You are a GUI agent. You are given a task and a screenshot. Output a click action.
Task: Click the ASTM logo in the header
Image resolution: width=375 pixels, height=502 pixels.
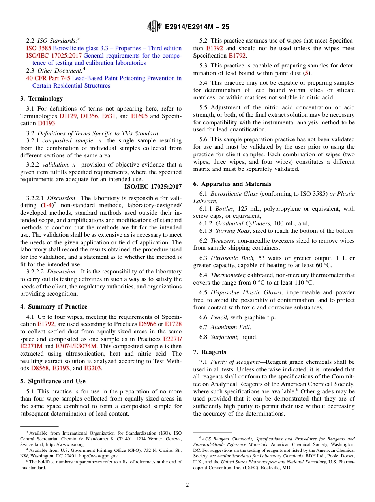(154, 26)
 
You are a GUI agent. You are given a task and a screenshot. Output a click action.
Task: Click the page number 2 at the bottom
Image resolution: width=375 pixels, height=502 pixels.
(187, 485)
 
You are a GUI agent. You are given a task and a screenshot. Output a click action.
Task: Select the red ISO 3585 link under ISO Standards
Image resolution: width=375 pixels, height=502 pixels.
(36, 48)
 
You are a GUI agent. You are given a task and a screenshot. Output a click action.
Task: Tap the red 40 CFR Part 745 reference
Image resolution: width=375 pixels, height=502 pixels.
(48, 78)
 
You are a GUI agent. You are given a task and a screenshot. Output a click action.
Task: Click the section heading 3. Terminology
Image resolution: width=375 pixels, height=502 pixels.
(41, 99)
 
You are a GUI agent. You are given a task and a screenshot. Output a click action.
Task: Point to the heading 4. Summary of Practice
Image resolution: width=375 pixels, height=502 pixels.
(54, 307)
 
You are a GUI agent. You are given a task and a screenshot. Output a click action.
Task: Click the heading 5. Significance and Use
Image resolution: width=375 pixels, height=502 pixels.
(53, 381)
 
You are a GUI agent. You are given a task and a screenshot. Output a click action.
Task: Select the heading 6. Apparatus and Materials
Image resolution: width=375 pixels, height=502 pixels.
(232, 184)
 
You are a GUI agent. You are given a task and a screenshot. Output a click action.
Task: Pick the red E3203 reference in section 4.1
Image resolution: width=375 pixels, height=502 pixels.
(92, 368)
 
